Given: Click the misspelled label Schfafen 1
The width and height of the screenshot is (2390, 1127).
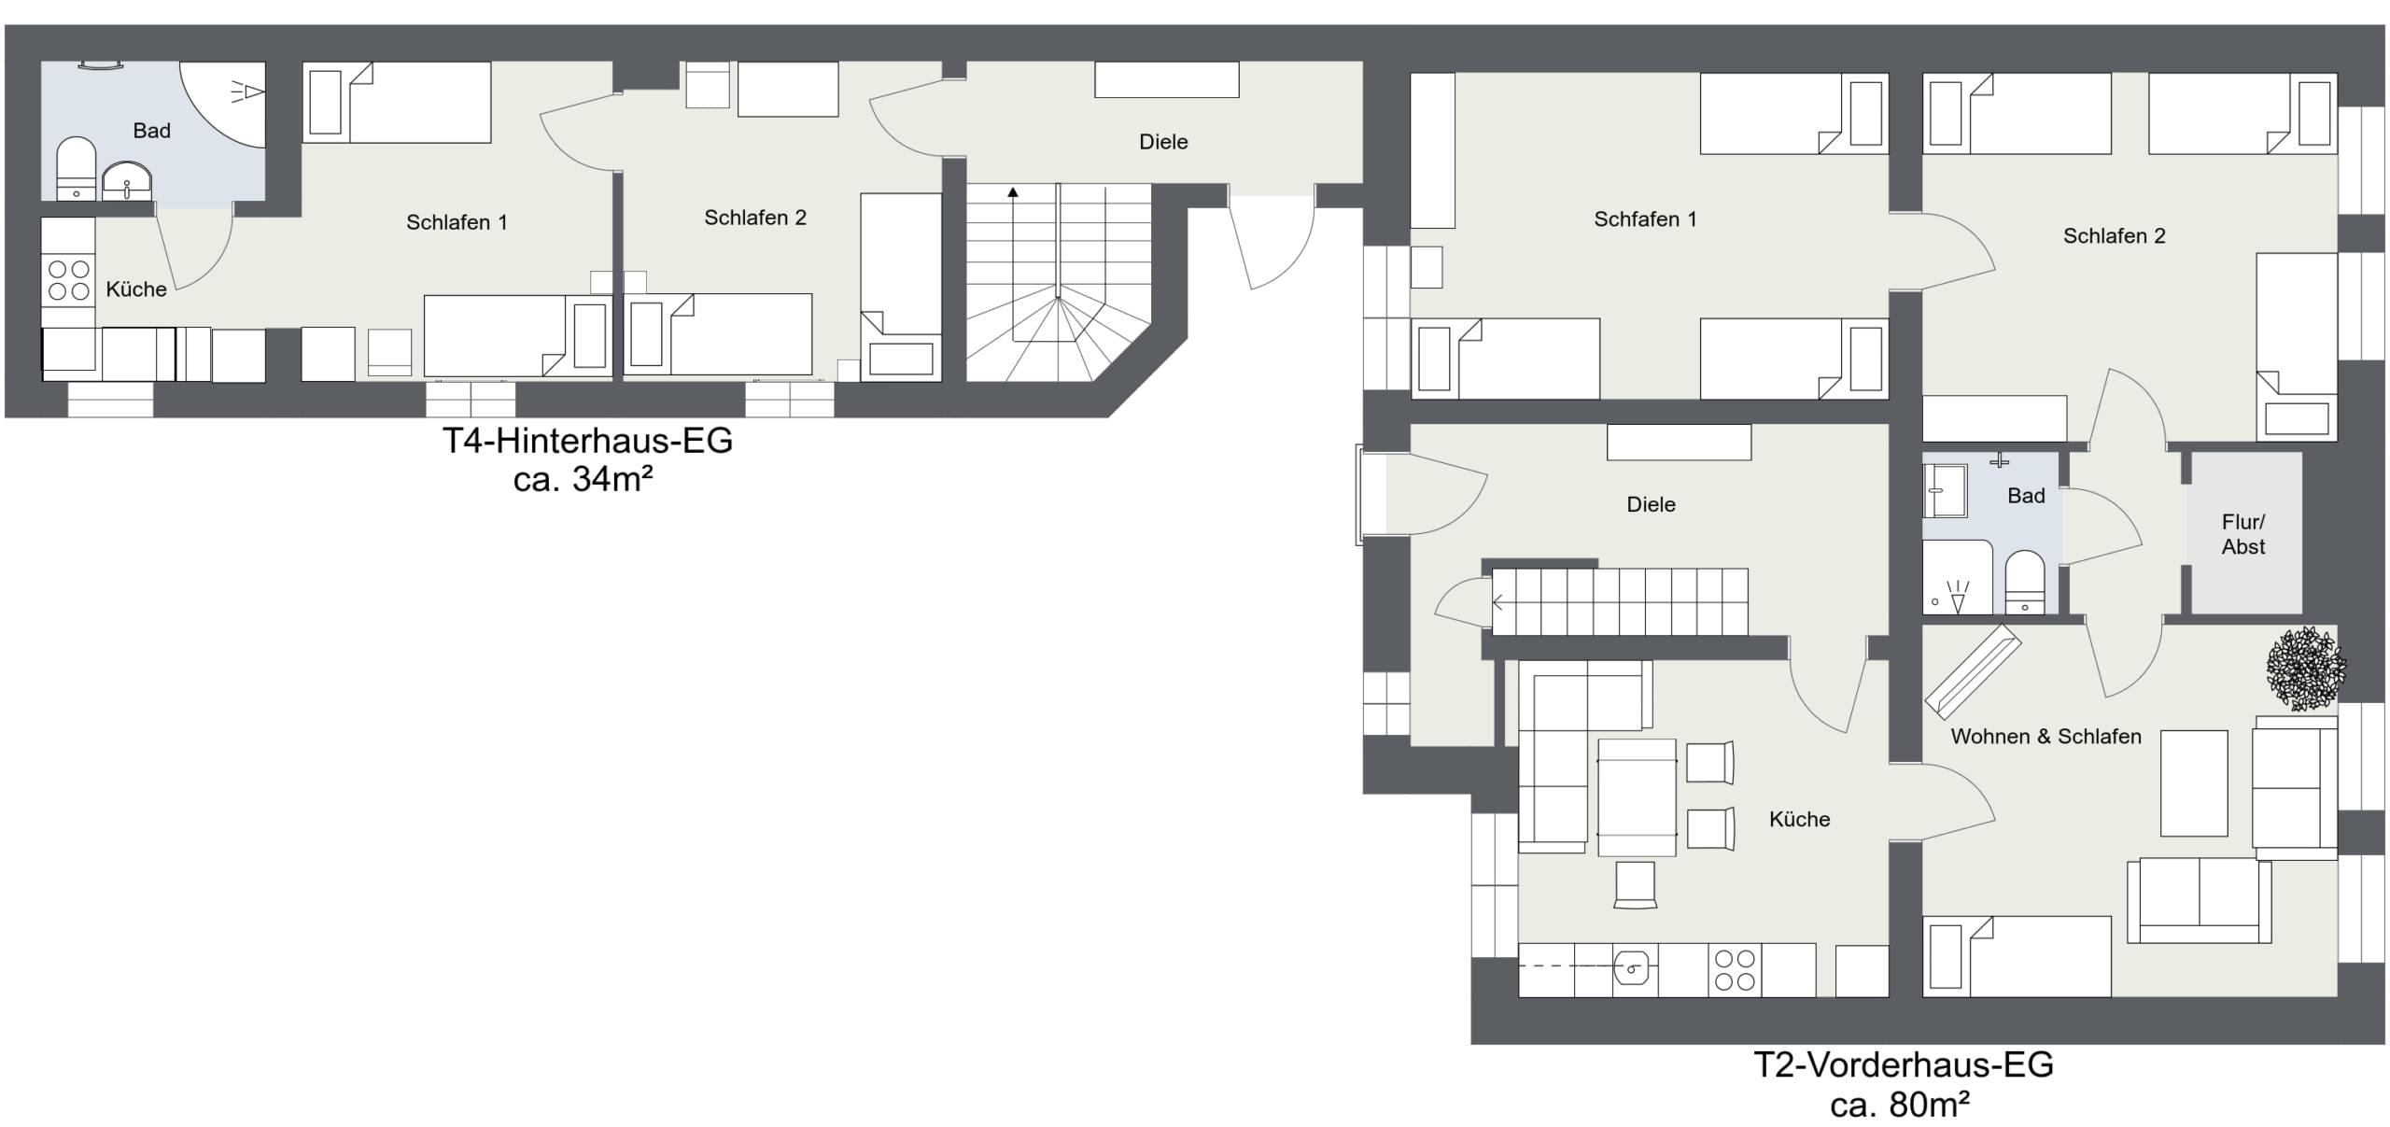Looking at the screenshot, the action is (x=1645, y=219).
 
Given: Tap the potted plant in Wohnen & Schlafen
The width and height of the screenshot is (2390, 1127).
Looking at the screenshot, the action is (x=2306, y=669).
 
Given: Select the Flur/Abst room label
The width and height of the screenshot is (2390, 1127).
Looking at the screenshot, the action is (x=2242, y=534).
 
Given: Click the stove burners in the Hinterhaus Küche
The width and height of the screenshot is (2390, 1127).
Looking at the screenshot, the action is (x=68, y=280).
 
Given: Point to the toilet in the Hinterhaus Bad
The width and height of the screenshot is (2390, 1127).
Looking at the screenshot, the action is (x=76, y=169).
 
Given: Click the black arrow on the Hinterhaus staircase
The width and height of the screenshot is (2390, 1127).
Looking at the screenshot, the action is (x=1013, y=192).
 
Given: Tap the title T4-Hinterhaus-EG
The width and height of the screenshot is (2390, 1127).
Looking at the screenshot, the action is (x=587, y=441).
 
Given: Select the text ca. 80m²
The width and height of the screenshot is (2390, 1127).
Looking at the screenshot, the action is (x=1900, y=1105).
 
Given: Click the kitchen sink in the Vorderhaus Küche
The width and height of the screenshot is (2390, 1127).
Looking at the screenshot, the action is (x=1635, y=970).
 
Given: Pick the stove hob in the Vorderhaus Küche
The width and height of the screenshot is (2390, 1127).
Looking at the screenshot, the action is (x=1735, y=970).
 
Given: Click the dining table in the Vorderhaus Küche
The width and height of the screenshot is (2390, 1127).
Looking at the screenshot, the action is (x=1637, y=797).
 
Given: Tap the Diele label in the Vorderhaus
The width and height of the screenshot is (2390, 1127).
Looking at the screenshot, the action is (x=1651, y=505).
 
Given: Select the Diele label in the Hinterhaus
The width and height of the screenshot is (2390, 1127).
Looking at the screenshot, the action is (x=1163, y=142).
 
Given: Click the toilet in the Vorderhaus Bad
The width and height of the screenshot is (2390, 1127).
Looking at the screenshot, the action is (x=2024, y=583).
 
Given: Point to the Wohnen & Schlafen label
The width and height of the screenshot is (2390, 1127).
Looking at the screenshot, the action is (x=2046, y=737).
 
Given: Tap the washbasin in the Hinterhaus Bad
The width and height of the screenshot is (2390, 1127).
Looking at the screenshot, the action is (x=126, y=182).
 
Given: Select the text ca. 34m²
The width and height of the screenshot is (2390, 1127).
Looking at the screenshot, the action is (x=583, y=480).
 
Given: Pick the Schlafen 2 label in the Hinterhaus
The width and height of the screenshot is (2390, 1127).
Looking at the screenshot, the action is (x=754, y=218).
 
